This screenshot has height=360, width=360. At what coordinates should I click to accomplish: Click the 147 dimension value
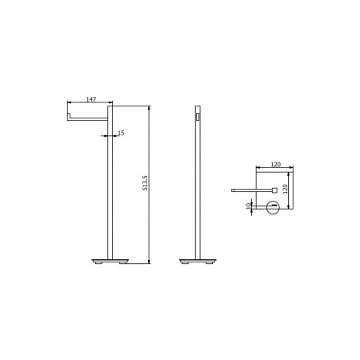pyautogui.click(x=91, y=99)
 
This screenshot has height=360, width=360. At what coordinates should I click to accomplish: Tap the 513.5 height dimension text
pyautogui.click(x=146, y=182)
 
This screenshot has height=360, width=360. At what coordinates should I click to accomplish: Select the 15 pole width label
pyautogui.click(x=121, y=133)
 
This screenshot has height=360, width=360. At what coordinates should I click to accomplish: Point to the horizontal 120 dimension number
pyautogui.click(x=276, y=164)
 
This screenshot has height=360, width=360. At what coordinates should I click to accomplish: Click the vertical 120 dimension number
pyautogui.click(x=285, y=189)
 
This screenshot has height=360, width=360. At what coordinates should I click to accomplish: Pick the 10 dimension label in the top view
pyautogui.click(x=248, y=206)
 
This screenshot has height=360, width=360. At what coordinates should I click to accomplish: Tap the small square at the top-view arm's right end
pyautogui.click(x=274, y=190)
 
